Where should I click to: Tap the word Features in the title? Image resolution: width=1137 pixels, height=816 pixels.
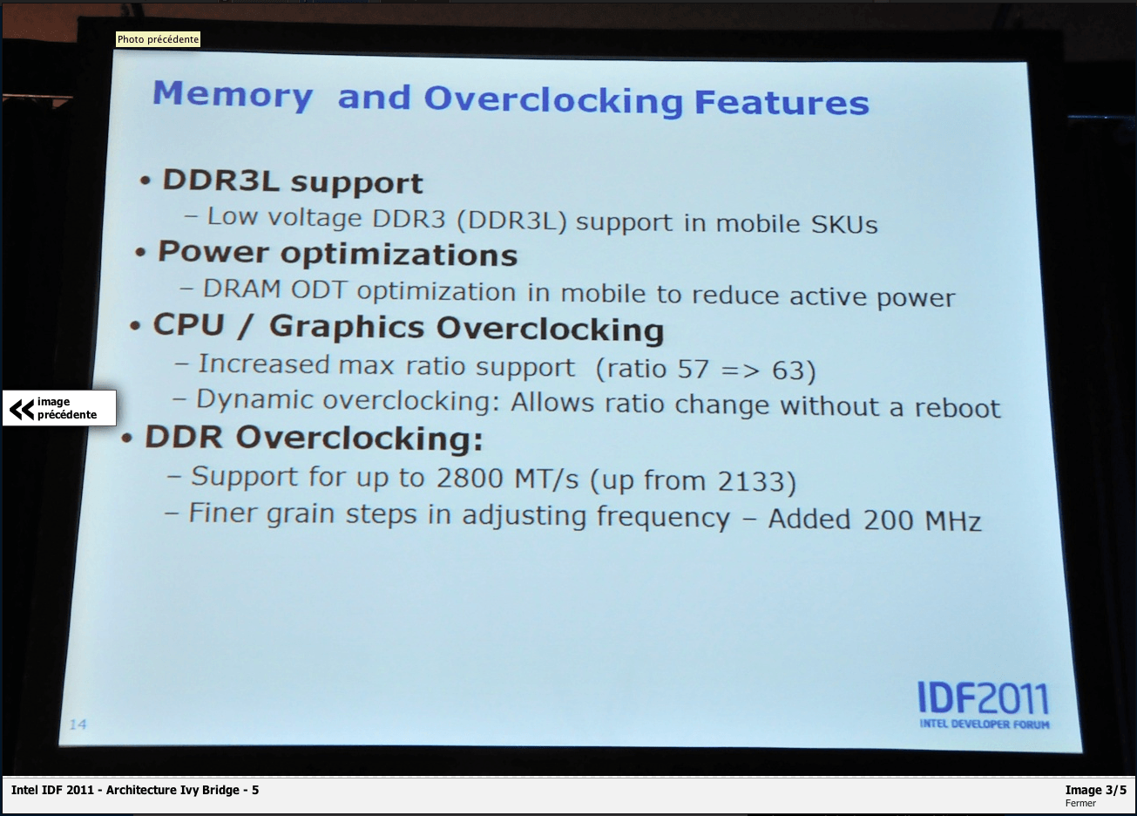(782, 102)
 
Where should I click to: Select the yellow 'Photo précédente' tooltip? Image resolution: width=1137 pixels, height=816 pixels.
(158, 39)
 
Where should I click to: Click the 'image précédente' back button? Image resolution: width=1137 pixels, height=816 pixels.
(59, 408)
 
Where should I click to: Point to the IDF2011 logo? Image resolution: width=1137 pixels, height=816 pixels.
(983, 704)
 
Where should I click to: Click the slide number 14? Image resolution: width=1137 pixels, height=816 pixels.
(78, 724)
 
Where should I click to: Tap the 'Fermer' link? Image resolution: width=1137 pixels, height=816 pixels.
(1080, 803)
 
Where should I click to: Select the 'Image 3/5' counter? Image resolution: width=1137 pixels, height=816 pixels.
(1095, 790)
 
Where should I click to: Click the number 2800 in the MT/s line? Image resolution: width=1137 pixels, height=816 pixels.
(470, 478)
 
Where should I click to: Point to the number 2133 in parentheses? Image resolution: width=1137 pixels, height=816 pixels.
(751, 481)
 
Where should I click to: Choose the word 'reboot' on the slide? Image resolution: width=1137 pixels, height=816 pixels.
(958, 408)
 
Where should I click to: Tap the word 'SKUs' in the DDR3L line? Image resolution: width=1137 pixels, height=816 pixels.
(844, 224)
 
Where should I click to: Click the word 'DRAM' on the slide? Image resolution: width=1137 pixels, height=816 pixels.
(241, 289)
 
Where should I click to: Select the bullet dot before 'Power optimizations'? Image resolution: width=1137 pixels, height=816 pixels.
(140, 252)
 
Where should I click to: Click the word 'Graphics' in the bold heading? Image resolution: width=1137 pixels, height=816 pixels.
(347, 328)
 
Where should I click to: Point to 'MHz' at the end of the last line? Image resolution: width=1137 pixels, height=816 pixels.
(953, 521)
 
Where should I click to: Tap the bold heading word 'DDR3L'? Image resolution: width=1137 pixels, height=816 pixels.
(220, 180)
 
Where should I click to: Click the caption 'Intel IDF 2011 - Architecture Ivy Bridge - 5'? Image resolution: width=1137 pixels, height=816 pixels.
(135, 790)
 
